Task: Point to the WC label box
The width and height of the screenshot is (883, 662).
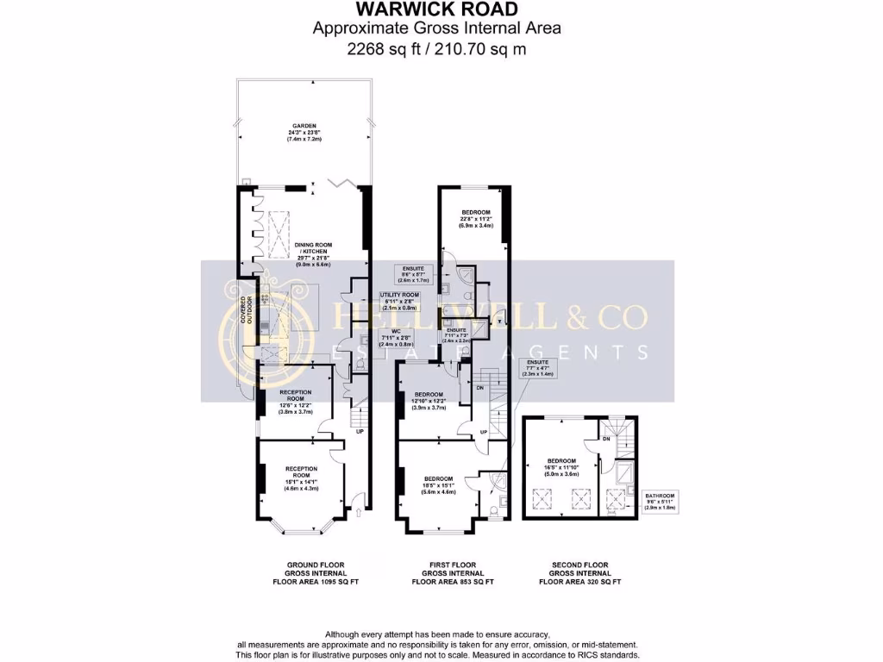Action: click(398, 335)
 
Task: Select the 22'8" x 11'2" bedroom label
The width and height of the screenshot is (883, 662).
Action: click(475, 219)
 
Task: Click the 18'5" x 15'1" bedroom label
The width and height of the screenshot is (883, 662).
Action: click(438, 484)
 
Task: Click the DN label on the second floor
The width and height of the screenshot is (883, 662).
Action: click(606, 440)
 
